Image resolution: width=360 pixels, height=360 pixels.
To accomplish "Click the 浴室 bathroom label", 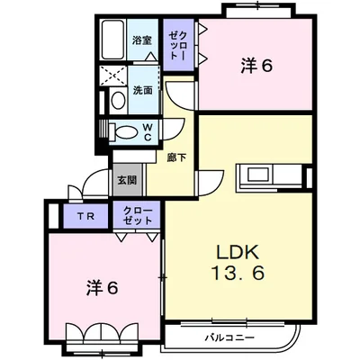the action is [142, 40].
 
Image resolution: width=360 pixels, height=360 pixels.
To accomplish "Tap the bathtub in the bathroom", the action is [112, 40].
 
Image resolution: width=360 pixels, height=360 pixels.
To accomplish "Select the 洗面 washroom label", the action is [142, 90].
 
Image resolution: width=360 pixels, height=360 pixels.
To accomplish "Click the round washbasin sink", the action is [118, 100].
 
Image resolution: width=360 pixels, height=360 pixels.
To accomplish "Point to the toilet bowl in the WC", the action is [125, 131].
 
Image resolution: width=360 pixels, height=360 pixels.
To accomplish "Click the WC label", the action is [148, 132].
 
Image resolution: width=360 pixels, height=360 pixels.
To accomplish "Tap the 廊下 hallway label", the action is [176, 157].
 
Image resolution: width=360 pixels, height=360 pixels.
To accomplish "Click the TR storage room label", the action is [85, 216].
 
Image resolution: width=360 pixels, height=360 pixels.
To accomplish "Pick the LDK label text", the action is [238, 252].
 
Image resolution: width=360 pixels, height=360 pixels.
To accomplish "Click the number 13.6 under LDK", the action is [238, 274].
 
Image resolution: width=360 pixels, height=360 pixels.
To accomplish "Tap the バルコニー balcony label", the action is [229, 338].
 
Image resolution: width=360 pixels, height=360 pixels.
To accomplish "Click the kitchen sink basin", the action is [257, 175].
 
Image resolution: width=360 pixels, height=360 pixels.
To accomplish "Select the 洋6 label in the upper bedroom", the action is [256, 66].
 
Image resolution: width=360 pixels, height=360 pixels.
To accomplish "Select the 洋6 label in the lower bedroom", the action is [103, 288].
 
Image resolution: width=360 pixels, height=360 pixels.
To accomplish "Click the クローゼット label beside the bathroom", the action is [178, 45].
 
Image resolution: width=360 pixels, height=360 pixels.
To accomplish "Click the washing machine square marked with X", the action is [113, 75].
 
